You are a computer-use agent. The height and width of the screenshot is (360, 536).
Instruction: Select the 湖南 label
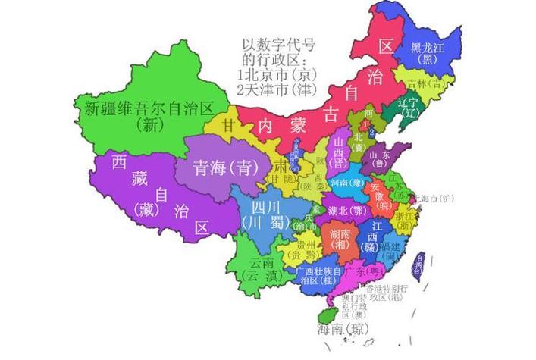pyautogui.click(x=340, y=236)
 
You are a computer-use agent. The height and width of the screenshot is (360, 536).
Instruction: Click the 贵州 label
pyautogui.click(x=306, y=249)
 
